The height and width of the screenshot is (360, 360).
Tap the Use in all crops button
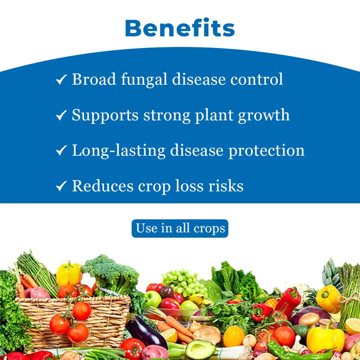click(x=180, y=229)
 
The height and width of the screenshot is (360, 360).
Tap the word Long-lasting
click(x=118, y=151)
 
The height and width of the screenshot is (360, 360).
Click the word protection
click(x=266, y=151)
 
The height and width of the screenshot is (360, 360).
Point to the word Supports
click(x=105, y=115)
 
